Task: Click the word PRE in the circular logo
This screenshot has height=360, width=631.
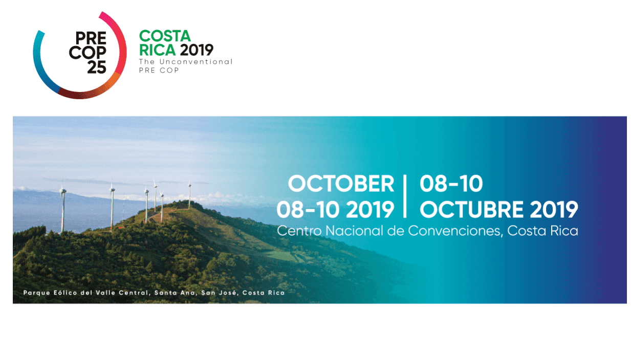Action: click(91, 38)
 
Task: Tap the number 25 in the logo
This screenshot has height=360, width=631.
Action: click(97, 67)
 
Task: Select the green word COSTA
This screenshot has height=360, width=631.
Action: click(165, 36)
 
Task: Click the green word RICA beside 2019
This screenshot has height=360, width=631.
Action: click(158, 50)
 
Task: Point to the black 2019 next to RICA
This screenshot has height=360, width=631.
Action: click(197, 50)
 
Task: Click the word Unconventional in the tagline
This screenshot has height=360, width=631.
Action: click(196, 62)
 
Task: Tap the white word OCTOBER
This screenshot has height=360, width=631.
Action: click(341, 184)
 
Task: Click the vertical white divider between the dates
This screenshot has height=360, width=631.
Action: click(405, 196)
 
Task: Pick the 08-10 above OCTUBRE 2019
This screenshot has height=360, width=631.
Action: click(451, 184)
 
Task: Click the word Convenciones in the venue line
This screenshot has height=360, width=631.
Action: click(455, 231)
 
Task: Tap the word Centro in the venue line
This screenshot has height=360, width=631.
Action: click(299, 231)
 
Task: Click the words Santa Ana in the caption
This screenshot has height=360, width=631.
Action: click(175, 292)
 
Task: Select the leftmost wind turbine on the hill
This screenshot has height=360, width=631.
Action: click(63, 209)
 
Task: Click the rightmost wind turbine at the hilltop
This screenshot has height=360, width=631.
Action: click(189, 194)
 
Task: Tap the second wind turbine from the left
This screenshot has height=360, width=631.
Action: click(112, 206)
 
